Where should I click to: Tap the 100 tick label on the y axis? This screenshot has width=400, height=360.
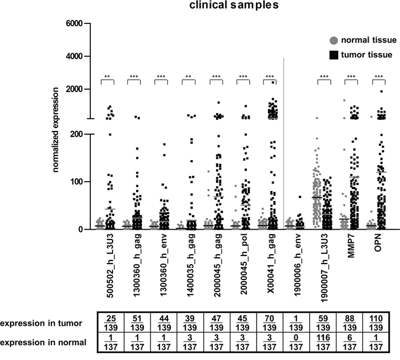tap(76, 182)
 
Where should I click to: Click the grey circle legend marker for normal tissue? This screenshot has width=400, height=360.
tap(334, 41)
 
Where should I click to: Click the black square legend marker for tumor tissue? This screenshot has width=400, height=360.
tap(334, 55)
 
